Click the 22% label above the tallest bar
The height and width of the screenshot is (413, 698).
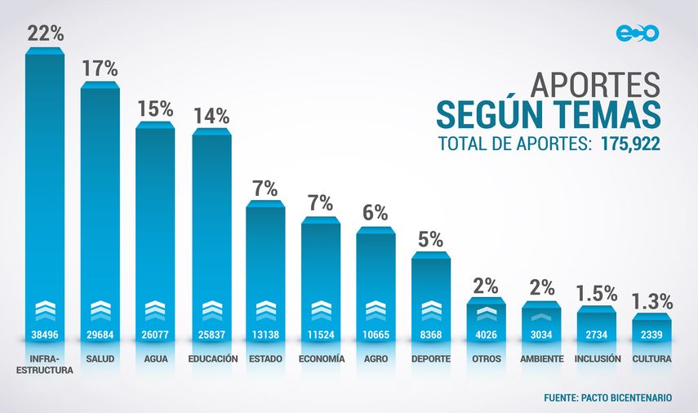coord(44,33)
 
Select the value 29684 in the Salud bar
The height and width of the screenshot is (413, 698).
coord(100,335)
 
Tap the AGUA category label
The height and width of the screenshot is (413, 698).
coord(155,358)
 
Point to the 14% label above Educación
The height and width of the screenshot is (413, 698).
coord(211,116)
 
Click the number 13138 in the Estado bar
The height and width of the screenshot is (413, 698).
coord(265,335)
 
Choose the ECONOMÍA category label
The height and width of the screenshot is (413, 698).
coord(321,358)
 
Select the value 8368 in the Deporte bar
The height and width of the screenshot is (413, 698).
coord(431,335)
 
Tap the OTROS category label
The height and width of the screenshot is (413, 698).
coord(486,358)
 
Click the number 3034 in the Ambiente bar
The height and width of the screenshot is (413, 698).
coord(541,335)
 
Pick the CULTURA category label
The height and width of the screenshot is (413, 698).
coord(651,358)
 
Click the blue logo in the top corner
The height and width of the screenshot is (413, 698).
coord(637,33)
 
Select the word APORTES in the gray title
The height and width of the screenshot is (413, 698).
coord(595,84)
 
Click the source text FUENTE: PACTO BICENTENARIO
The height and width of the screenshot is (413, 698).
coord(608,397)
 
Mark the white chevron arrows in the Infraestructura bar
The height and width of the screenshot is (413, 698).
coord(44,311)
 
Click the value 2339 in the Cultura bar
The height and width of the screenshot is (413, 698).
coord(651,335)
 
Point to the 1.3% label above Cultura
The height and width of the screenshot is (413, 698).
coord(652,300)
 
